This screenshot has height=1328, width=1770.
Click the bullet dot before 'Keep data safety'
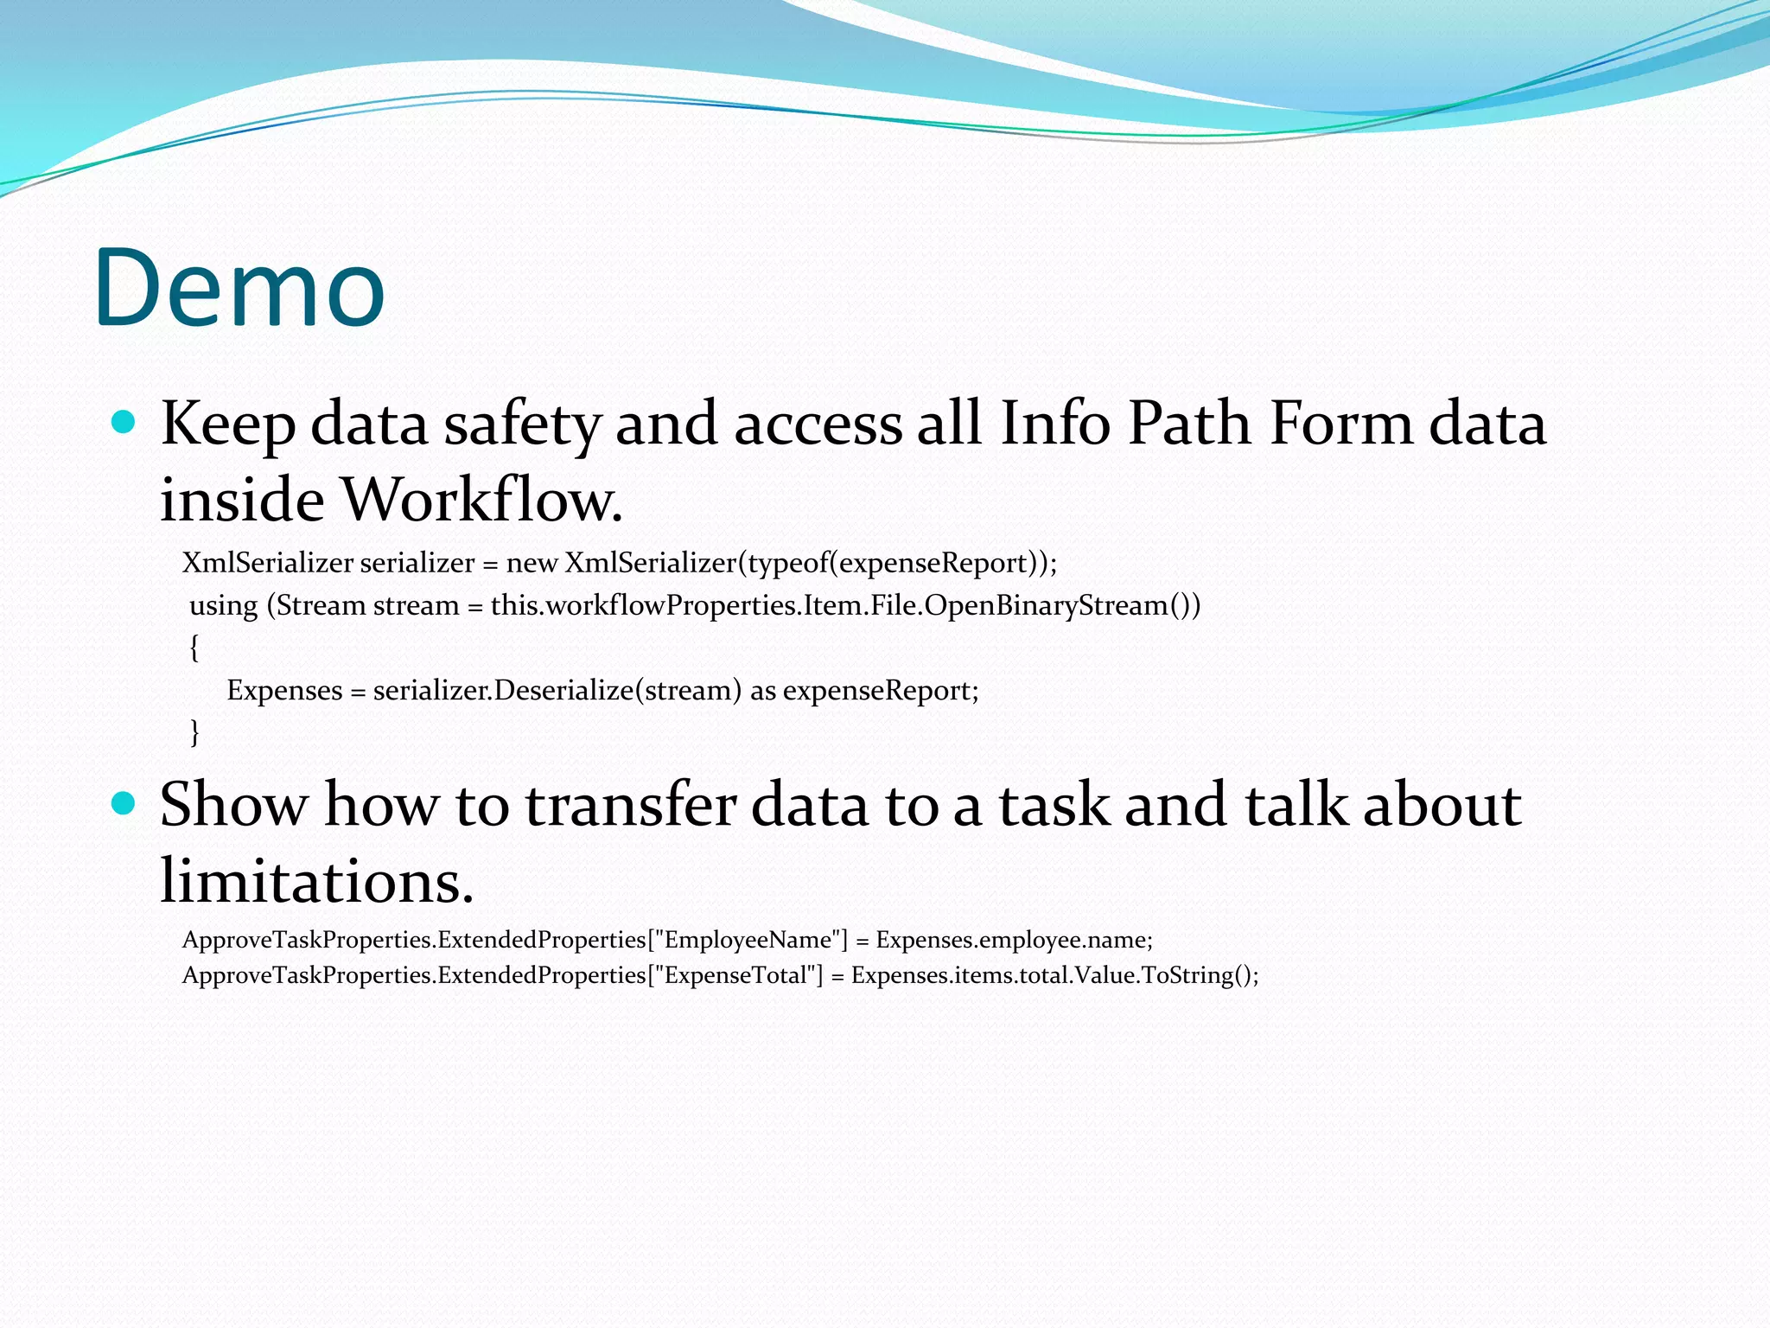point(124,422)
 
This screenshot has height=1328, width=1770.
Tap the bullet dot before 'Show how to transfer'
point(124,803)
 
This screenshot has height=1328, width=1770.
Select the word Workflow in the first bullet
point(481,500)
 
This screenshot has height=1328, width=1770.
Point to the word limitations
point(316,881)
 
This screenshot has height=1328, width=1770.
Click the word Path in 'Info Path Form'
point(1189,424)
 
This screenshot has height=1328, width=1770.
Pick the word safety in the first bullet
point(522,425)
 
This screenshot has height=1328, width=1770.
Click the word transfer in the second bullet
point(630,805)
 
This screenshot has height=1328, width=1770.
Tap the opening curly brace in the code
point(194,647)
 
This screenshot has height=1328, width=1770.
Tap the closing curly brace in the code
point(194,731)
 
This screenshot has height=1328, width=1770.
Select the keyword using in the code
point(224,605)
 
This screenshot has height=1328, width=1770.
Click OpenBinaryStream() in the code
point(1062,605)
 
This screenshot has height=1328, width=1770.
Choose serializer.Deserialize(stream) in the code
point(557,690)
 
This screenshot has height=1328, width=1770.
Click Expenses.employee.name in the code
point(1013,940)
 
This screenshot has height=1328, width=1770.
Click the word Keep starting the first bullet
point(226,424)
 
